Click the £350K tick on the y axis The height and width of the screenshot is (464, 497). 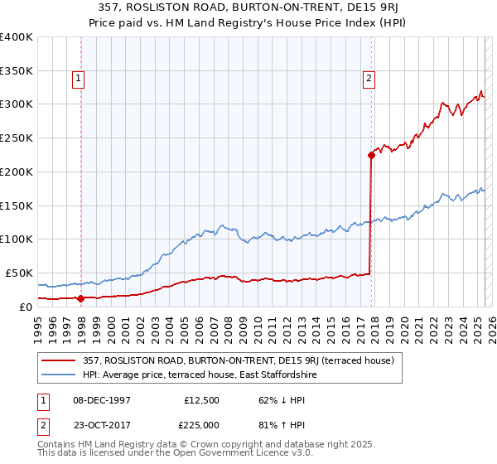tap(17, 70)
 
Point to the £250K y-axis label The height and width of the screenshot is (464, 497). tap(17, 138)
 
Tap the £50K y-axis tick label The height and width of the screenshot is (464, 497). tap(20, 273)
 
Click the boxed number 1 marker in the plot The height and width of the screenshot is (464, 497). tap(78, 80)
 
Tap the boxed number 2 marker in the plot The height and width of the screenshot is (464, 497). tap(368, 80)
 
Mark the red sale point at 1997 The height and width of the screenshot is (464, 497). tap(80, 298)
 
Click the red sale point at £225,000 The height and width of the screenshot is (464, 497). tap(371, 154)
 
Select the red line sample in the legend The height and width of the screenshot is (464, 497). tap(60, 360)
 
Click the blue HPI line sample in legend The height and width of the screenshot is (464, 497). tap(60, 375)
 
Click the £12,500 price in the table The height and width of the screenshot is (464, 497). tap(202, 399)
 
